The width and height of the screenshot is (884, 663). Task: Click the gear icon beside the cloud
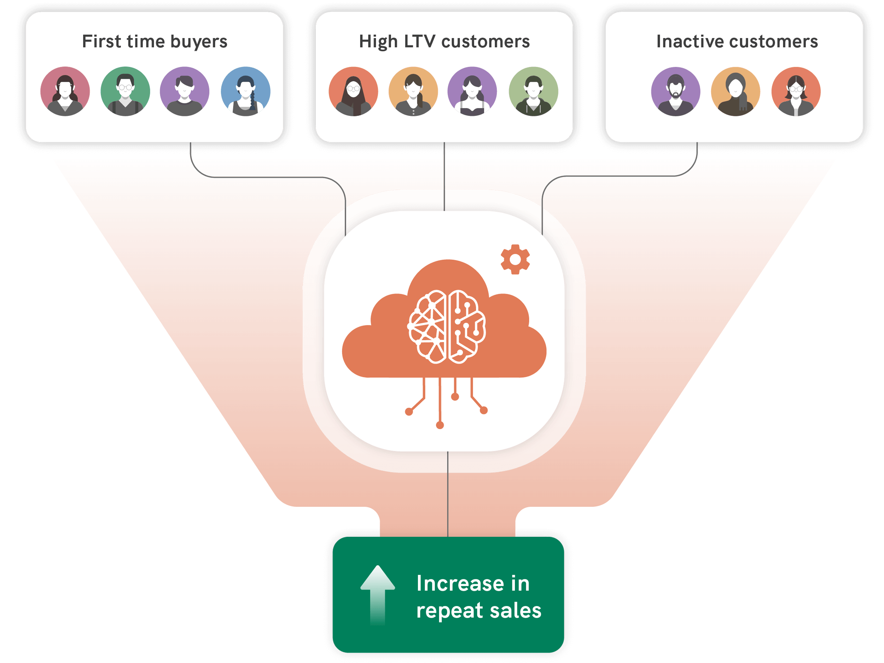[515, 259]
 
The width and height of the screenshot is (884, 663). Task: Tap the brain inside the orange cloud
[447, 326]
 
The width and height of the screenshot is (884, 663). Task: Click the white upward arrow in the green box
[377, 595]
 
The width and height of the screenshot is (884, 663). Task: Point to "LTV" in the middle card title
[419, 42]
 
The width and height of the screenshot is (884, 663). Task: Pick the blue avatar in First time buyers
[245, 92]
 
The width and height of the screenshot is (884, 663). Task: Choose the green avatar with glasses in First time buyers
[125, 92]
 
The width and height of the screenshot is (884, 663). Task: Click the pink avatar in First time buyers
[65, 92]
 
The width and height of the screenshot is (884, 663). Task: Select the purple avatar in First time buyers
[185, 92]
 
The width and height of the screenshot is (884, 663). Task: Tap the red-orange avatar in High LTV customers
[353, 92]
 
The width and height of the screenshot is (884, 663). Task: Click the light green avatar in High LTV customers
[533, 92]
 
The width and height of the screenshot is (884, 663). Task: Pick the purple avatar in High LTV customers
[472, 92]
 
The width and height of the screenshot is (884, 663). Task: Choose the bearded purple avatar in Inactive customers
[675, 92]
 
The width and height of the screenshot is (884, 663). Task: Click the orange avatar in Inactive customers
[735, 92]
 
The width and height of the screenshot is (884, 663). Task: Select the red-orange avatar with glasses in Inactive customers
[796, 92]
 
